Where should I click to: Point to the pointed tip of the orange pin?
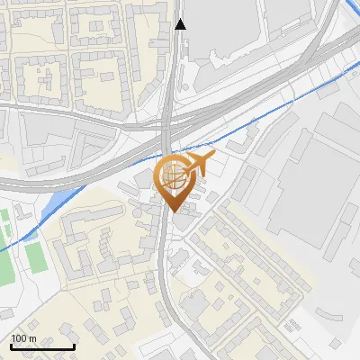173,210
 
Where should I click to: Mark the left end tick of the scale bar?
10,345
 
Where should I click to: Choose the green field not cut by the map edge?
37,256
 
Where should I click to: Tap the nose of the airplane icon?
215,158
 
